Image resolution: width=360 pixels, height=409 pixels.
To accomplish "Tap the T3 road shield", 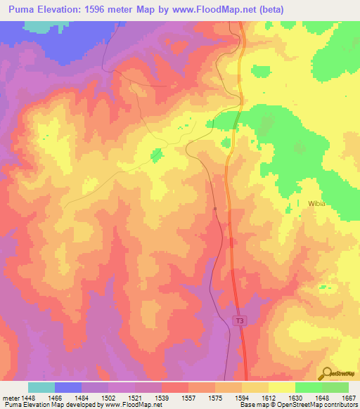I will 240,320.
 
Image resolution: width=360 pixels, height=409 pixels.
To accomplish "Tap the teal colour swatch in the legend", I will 41,387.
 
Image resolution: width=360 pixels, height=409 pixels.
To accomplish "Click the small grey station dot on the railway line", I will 215,209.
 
